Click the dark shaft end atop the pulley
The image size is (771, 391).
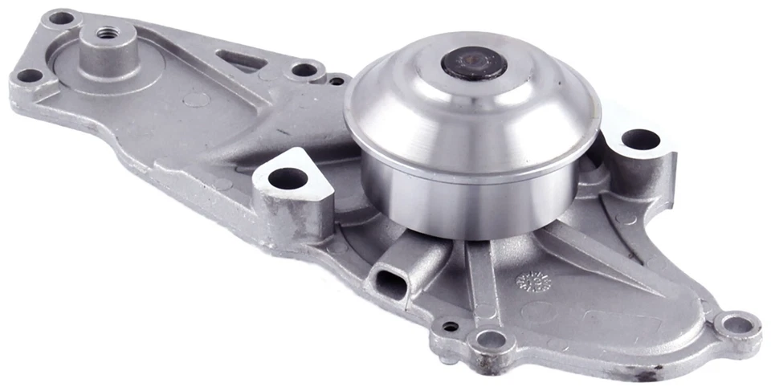tap(475, 63)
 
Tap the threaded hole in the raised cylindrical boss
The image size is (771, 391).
tap(105, 34)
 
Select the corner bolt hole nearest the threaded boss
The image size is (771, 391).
tap(61, 17)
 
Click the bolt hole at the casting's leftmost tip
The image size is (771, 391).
tap(30, 76)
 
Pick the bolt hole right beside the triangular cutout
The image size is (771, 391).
tap(304, 70)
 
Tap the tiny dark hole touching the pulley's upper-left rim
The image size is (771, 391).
tap(337, 80)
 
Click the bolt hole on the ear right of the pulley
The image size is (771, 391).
tap(640, 139)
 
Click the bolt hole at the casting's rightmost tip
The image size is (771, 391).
tap(737, 324)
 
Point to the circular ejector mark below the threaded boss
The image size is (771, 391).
tap(197, 100)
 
